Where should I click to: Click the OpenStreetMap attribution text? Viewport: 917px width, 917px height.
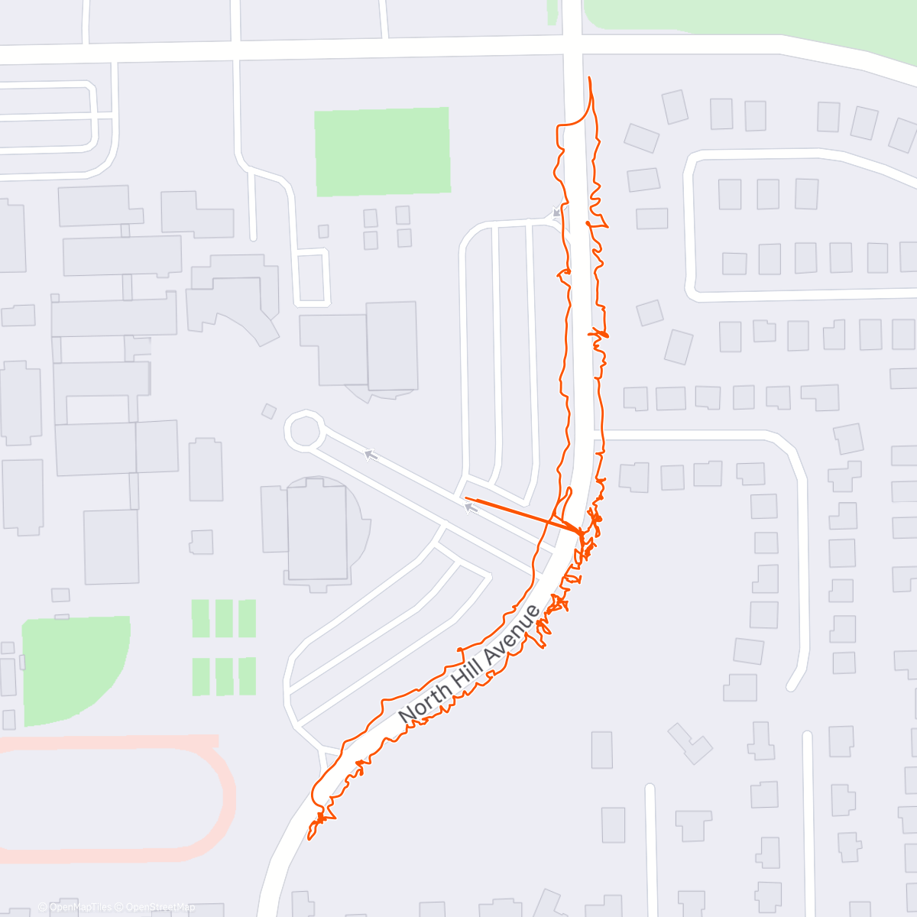160,907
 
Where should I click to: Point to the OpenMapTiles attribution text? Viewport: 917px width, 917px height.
80,907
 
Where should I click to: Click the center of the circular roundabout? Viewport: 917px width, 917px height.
304,431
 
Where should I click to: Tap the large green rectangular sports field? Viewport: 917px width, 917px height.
382,151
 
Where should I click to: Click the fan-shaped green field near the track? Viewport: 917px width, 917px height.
73,669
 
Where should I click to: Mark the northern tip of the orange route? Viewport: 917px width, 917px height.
589,78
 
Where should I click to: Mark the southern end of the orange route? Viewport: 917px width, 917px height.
309,837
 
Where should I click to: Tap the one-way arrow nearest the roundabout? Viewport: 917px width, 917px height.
371,455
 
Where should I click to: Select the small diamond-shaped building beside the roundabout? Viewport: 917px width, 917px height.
269,411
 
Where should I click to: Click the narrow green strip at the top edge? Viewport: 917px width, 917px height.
552,11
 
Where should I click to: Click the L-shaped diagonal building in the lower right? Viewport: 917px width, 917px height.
691,743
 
